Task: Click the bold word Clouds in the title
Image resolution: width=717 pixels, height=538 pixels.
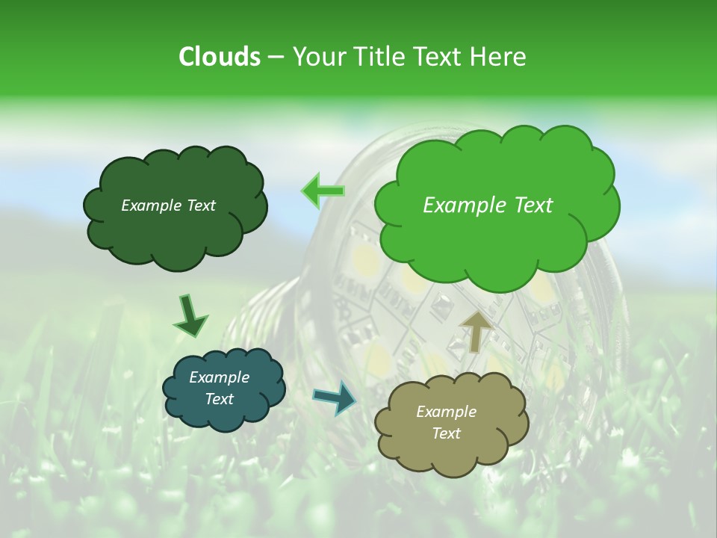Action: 219,57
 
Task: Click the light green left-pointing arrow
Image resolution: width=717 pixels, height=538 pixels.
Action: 323,191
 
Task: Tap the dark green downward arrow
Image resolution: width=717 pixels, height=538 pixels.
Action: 190,315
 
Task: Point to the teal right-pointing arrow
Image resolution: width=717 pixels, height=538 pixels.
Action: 335,397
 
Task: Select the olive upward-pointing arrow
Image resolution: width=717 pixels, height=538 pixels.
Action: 477,331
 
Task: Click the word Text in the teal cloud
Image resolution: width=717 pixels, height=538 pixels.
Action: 219,399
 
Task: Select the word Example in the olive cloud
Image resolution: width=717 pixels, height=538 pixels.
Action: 446,412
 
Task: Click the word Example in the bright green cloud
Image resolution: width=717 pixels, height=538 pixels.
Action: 462,205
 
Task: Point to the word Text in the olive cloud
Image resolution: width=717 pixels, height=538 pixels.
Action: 446,433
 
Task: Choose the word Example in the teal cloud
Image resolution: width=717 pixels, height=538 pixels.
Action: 219,377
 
